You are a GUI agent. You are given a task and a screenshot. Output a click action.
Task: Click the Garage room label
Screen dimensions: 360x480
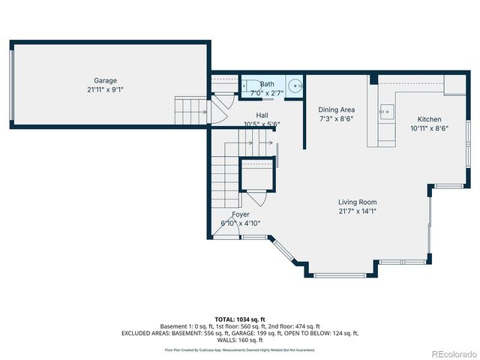tap(105, 80)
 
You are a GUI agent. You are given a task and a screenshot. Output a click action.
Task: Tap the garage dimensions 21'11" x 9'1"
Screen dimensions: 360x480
tap(105, 90)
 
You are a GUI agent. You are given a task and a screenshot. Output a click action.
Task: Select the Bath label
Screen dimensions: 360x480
tap(267, 84)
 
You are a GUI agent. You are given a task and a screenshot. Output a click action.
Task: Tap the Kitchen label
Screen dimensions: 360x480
tap(430, 119)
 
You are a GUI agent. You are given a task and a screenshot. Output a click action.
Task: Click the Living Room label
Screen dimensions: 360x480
tap(357, 202)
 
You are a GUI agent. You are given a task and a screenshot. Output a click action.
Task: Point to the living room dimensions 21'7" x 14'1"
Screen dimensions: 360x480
tap(357, 211)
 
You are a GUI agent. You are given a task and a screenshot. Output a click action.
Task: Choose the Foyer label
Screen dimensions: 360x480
tap(240, 214)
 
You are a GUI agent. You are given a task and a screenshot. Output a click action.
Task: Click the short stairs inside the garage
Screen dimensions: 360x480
tap(189, 111)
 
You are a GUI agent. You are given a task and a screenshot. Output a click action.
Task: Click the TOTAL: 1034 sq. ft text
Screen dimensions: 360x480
tap(240, 319)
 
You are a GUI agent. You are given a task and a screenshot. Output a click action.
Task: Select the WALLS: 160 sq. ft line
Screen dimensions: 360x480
tap(240, 340)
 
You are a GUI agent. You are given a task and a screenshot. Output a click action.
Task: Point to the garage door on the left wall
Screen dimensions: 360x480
tap(11, 82)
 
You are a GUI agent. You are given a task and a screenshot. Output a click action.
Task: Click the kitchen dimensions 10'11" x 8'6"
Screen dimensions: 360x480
tap(430, 128)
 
